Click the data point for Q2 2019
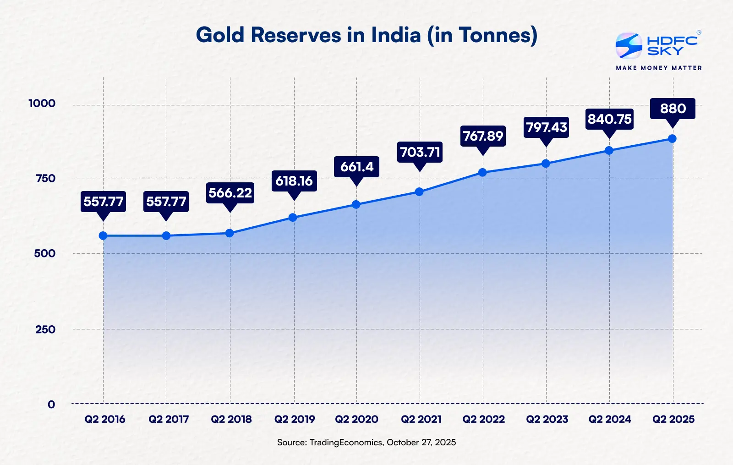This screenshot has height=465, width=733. [293, 218]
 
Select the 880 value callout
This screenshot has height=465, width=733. [673, 109]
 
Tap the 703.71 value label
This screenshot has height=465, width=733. [420, 152]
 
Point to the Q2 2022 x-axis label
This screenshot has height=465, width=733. [483, 419]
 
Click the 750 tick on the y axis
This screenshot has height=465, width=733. [45, 178]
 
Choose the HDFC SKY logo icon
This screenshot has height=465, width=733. [629, 46]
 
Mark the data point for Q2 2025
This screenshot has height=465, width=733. [672, 139]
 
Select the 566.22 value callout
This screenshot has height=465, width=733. [230, 193]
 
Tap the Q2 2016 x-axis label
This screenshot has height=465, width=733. [104, 419]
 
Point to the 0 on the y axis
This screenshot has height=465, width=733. [51, 405]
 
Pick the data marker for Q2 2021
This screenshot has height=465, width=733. [419, 191]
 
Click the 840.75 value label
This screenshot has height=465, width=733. [609, 119]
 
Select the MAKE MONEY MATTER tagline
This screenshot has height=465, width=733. [659, 68]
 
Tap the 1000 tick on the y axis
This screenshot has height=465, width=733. [42, 104]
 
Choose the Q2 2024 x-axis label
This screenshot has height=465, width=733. [610, 419]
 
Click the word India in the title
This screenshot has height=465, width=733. [396, 35]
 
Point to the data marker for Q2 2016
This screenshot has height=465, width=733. [103, 236]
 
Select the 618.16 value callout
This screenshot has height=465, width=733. [294, 181]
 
